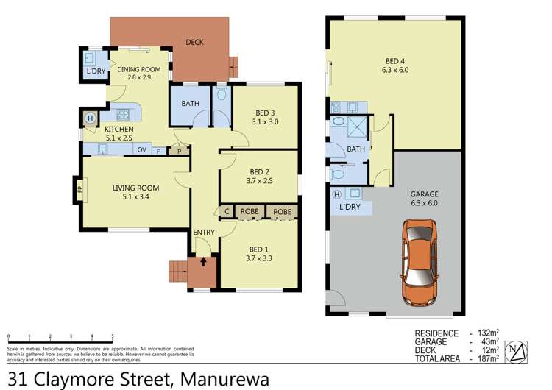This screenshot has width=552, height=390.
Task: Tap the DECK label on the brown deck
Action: [194, 43]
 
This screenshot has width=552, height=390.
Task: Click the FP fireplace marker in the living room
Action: [78, 188]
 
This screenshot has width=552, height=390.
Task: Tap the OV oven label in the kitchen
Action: [138, 149]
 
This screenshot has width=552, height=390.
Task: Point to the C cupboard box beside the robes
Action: [227, 212]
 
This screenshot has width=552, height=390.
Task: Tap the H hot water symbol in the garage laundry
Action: [337, 194]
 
